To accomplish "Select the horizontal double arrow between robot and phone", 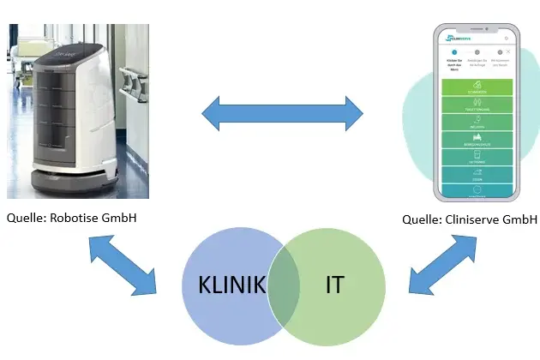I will (x=282, y=112).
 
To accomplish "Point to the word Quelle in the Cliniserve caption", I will (x=422, y=219).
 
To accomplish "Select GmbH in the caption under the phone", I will (x=523, y=219).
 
